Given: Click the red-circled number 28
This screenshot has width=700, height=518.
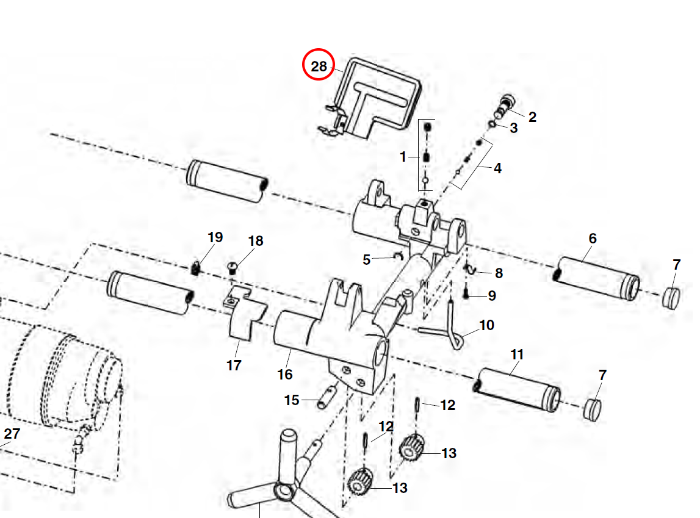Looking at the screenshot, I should tap(319, 67).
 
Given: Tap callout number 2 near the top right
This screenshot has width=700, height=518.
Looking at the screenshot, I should tap(532, 117).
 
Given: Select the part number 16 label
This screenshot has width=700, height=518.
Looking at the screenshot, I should tap(284, 374).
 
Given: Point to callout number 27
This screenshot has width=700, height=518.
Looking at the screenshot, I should tap(12, 434).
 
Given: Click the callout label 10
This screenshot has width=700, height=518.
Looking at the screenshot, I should tap(486, 325).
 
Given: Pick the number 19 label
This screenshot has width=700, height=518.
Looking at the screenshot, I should tap(215, 237).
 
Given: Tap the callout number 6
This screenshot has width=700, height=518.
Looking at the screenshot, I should tap(592, 239).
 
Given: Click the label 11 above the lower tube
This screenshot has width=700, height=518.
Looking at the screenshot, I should tap(517, 354).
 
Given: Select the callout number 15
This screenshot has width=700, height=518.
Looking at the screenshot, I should tap(292, 400).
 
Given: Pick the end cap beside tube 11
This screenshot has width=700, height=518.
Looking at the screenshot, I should tap(591, 409).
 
